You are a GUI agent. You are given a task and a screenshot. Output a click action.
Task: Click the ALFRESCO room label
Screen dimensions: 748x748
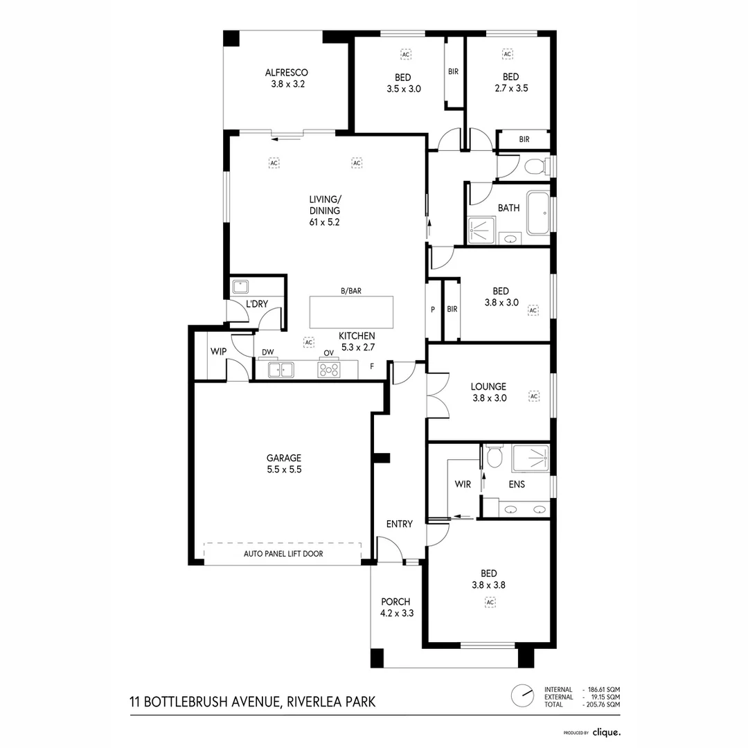[286, 73]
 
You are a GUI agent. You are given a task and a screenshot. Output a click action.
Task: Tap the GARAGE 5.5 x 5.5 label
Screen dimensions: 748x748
[284, 463]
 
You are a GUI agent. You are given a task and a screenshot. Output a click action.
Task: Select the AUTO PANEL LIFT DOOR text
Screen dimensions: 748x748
[283, 554]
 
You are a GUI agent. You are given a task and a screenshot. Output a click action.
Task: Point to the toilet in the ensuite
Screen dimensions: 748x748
[494, 457]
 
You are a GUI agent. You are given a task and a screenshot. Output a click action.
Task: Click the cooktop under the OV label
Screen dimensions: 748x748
[328, 370]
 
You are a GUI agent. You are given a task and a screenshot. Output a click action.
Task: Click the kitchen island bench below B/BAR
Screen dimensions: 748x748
[351, 312]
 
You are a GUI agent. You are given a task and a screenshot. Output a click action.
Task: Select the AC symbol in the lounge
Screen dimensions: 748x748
[533, 396]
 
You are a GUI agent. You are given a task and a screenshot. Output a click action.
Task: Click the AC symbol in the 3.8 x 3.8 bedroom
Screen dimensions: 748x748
[490, 603]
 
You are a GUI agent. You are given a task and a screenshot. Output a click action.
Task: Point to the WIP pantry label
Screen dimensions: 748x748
[218, 352]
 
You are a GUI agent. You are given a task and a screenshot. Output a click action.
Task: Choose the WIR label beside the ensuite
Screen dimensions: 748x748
[463, 485]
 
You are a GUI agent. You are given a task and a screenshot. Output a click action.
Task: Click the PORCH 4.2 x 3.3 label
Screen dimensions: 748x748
[395, 607]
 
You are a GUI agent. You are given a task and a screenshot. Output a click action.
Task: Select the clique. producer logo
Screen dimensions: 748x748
[606, 731]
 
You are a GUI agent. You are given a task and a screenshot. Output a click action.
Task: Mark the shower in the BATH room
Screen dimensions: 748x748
[481, 230]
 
